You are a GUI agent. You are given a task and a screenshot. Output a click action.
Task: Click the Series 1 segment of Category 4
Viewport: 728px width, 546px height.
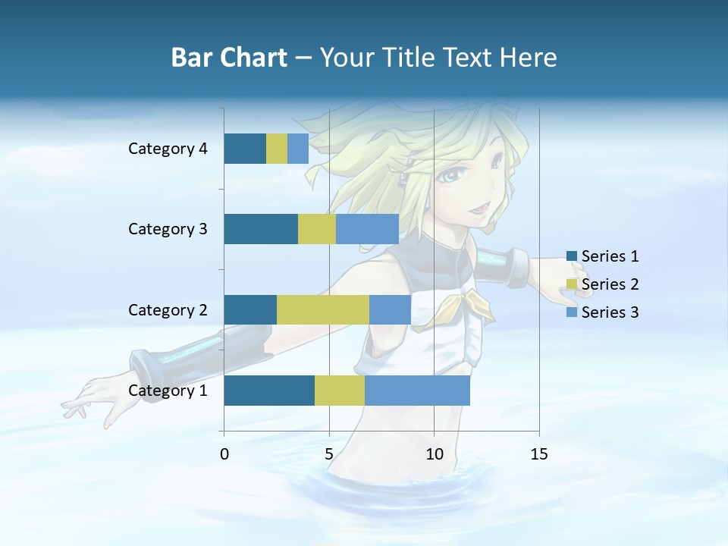(x=245, y=149)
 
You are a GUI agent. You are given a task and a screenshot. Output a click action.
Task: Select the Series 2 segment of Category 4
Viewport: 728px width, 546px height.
(x=277, y=149)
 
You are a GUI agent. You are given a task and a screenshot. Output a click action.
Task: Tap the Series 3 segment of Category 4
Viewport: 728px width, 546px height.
(x=298, y=149)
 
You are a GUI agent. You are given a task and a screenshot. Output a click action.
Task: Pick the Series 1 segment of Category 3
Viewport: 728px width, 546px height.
(x=261, y=229)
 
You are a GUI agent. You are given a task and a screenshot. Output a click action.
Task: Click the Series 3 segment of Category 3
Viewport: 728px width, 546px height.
(x=367, y=229)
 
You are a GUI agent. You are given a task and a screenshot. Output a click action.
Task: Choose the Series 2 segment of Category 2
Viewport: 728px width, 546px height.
(x=323, y=309)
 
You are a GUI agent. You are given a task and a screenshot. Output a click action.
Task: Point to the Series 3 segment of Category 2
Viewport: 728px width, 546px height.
(x=390, y=309)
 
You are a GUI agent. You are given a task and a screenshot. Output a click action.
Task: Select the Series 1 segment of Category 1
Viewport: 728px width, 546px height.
(x=269, y=391)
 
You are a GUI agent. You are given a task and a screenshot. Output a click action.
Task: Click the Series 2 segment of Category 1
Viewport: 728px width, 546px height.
(x=340, y=391)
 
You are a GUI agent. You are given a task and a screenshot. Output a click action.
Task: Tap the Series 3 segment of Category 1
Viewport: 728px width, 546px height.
(x=417, y=391)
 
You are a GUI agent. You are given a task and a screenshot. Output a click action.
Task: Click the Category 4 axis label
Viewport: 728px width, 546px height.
(x=168, y=149)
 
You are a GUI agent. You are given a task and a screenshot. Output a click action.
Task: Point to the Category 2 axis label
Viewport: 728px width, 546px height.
(x=168, y=309)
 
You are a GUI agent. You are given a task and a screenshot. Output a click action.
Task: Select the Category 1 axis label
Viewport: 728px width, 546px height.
(x=168, y=391)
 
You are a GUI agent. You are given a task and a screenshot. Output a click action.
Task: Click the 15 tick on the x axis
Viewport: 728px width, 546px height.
(x=539, y=454)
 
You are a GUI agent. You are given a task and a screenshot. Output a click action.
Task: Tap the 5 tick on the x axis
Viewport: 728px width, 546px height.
(x=329, y=454)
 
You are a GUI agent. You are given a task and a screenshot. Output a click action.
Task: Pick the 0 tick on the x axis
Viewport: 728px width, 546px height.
(x=224, y=454)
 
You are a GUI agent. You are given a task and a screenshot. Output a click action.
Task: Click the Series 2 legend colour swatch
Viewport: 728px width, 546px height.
(x=572, y=284)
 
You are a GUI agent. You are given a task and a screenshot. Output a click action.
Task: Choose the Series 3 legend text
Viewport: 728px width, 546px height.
(x=610, y=312)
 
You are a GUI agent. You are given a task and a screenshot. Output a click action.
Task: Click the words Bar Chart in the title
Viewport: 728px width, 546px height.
(x=229, y=58)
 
